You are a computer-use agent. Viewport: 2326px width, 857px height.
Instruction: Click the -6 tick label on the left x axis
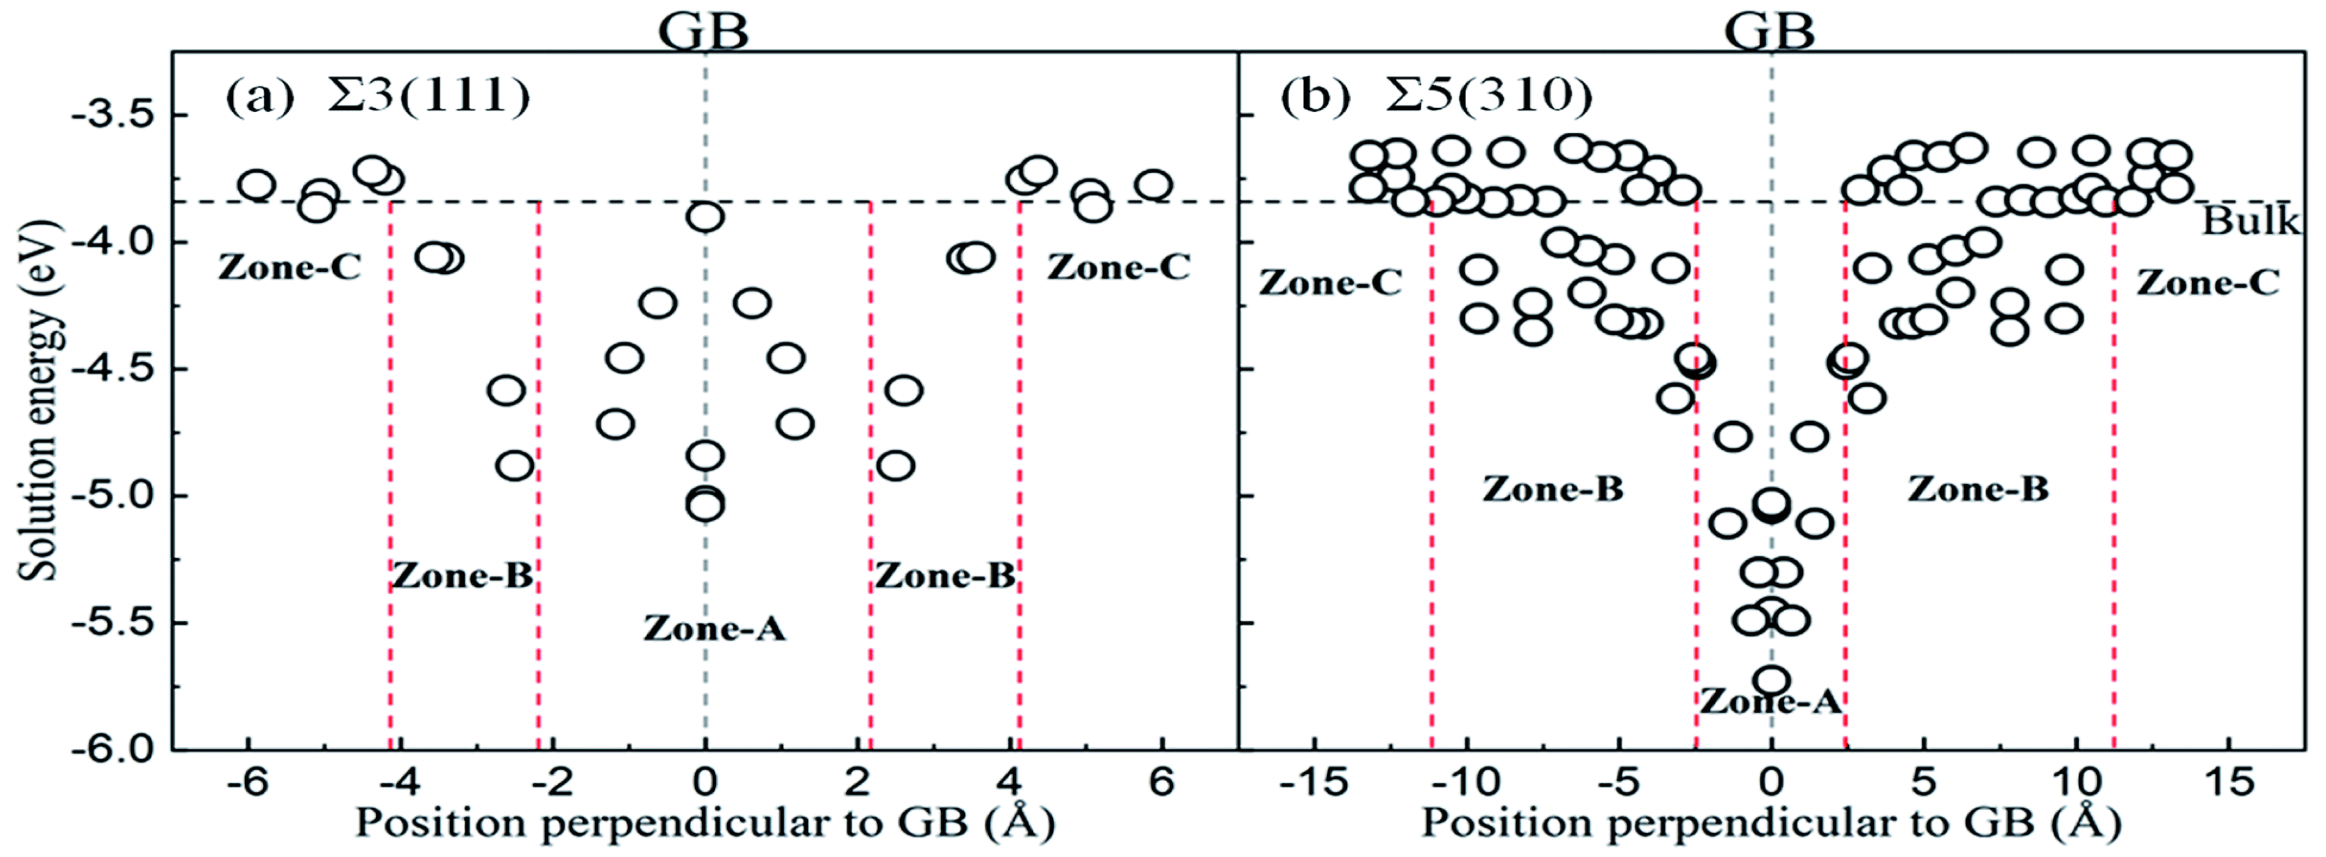(x=246, y=782)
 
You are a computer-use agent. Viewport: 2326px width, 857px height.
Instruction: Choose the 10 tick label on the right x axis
(x=2075, y=782)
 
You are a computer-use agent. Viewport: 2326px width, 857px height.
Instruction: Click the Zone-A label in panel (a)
(x=714, y=628)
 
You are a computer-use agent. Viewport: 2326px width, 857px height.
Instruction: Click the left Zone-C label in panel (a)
(x=289, y=267)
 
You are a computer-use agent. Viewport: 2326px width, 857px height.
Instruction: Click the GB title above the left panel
(x=703, y=32)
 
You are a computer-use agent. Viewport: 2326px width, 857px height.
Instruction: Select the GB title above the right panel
(x=1770, y=32)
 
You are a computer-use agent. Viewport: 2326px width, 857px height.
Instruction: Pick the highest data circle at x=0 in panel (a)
(x=704, y=217)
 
